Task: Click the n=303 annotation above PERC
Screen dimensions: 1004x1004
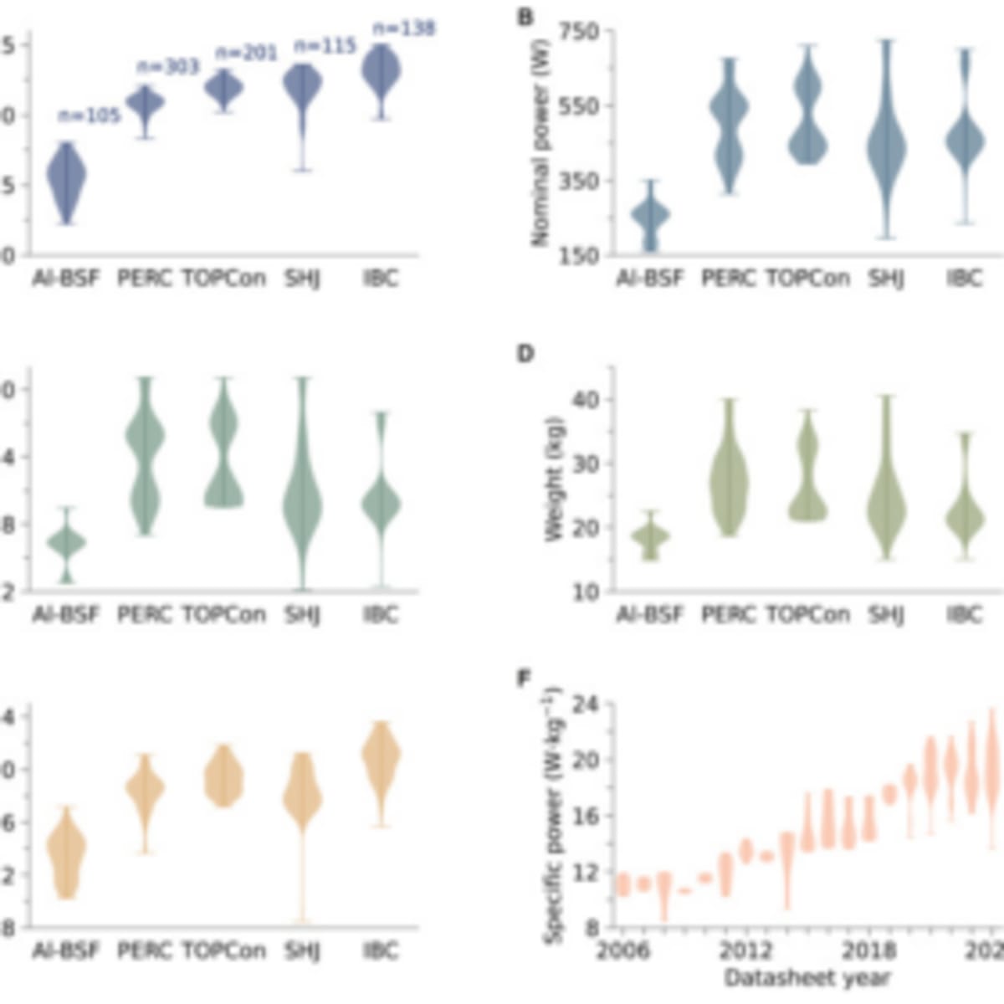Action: (x=168, y=67)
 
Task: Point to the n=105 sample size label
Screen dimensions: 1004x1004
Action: (x=90, y=115)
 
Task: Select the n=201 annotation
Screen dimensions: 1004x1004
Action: (x=247, y=54)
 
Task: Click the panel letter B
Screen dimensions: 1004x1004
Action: (x=525, y=17)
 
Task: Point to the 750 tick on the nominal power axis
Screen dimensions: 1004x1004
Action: (x=583, y=32)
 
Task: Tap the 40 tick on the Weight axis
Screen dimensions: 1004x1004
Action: (x=587, y=400)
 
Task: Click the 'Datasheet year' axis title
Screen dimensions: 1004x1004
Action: (x=807, y=977)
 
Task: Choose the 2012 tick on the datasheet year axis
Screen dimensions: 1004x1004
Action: (x=745, y=951)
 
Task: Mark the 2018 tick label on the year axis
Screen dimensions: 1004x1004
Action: (x=868, y=951)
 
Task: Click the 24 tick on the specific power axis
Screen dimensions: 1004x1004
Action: (x=588, y=704)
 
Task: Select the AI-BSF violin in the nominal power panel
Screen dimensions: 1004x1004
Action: (x=649, y=216)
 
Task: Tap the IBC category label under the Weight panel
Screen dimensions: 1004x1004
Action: (x=964, y=614)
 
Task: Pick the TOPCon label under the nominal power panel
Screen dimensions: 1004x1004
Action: (x=808, y=278)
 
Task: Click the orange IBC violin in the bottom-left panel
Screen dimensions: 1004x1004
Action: (x=382, y=757)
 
